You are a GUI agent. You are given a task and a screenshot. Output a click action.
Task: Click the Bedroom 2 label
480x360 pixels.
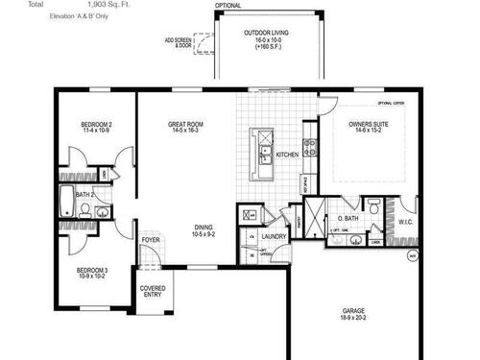tap(96, 125)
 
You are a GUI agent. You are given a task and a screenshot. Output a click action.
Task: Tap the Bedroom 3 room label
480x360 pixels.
tap(93, 272)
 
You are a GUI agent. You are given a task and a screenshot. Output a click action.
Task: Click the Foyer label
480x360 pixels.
tap(151, 240)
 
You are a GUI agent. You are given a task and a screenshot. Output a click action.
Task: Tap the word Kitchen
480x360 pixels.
tap(287, 155)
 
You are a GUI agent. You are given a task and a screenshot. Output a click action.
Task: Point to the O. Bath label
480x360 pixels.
tap(348, 219)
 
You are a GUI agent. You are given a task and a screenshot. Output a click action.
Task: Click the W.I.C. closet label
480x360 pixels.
tap(405, 220)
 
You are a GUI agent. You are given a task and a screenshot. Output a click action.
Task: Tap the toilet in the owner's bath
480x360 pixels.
tap(377, 206)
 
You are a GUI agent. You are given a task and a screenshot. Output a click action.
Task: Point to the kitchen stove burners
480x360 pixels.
tap(309, 148)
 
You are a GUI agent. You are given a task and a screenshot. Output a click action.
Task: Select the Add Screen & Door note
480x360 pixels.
tap(178, 43)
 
